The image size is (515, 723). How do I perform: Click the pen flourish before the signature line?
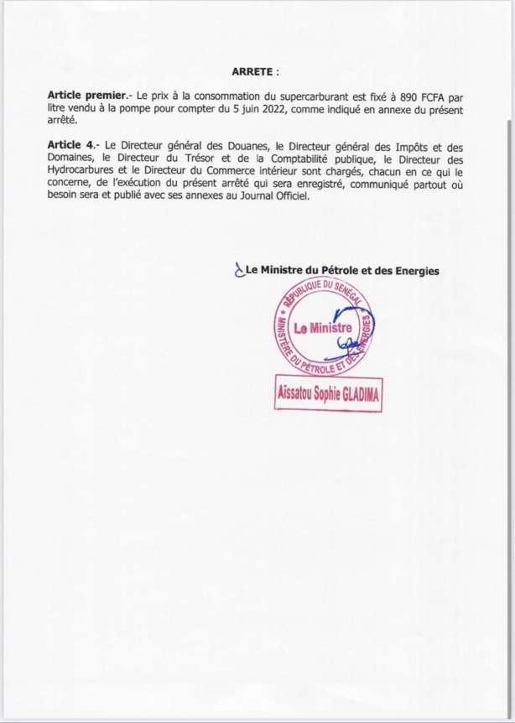pos(237,270)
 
